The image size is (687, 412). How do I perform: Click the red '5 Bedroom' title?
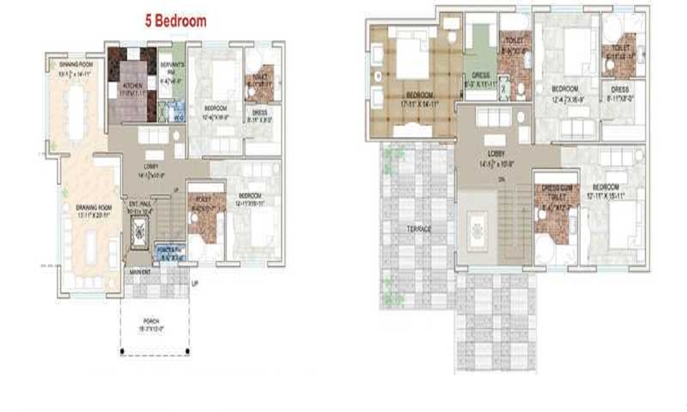175,21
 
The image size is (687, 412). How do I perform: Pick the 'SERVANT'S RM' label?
169,67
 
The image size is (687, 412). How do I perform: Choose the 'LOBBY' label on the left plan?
152,165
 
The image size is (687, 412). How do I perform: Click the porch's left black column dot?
122,353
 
